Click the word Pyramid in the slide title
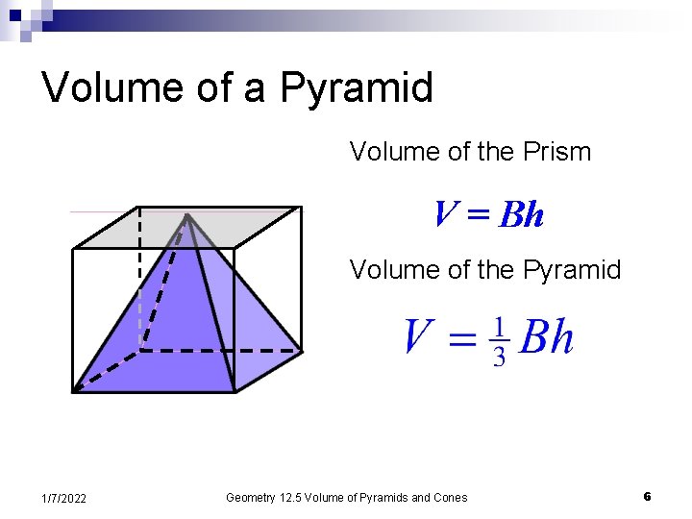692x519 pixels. [357, 88]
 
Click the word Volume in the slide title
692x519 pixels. [100, 87]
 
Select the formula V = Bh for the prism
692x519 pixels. [488, 214]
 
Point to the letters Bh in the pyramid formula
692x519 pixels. [545, 338]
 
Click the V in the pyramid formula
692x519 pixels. [417, 338]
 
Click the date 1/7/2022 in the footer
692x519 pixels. [64, 498]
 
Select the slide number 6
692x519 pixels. [647, 497]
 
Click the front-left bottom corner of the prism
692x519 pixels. [74, 391]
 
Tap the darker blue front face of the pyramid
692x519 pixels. [163, 327]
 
